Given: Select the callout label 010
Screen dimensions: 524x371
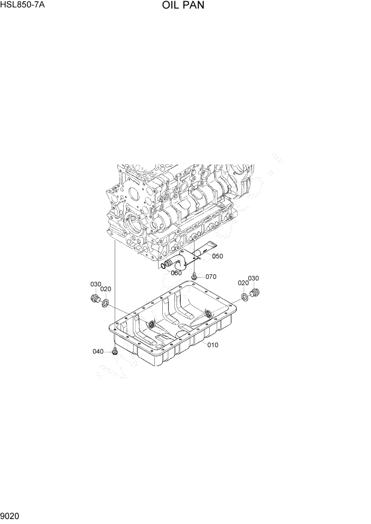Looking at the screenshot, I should click(x=212, y=345).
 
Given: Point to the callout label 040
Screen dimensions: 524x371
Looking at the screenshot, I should click(x=99, y=351).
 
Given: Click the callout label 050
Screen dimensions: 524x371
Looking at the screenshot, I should click(x=217, y=256).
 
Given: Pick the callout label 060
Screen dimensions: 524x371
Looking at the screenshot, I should click(x=176, y=273).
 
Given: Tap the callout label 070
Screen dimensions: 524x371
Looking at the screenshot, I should click(x=211, y=276).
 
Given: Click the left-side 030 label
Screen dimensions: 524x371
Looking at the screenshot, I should click(x=95, y=284).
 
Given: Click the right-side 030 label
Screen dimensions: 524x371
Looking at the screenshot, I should click(x=253, y=278).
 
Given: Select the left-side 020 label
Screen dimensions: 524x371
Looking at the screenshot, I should click(x=106, y=289).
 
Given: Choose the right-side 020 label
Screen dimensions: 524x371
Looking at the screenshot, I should click(x=243, y=283).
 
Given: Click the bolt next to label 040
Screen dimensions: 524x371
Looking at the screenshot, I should click(x=114, y=350).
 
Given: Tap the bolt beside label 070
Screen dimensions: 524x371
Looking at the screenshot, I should click(x=196, y=276).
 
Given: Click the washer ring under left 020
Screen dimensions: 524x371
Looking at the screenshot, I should click(x=106, y=303).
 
